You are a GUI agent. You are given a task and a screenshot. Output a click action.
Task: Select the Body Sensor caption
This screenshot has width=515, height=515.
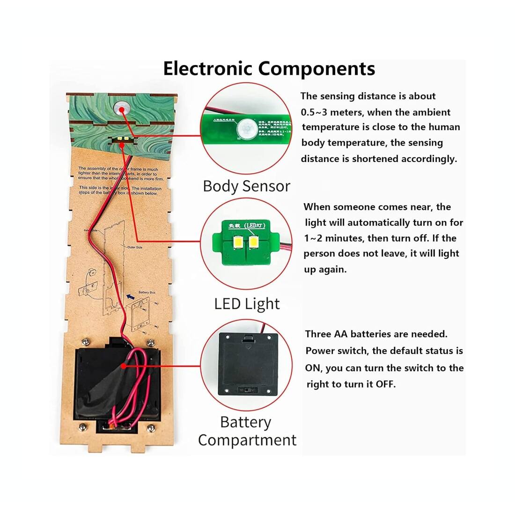(x=246, y=186)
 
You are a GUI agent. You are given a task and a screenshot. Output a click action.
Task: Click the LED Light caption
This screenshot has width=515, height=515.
(x=247, y=304)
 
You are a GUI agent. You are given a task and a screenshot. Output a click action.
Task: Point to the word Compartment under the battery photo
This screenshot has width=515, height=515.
(x=247, y=440)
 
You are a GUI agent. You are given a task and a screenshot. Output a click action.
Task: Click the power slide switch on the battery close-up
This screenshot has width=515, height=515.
(x=243, y=390)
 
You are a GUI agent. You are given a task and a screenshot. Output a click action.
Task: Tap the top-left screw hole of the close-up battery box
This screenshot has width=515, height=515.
(x=226, y=337)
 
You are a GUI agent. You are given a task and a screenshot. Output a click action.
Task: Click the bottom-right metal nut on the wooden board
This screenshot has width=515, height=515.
(x=151, y=428)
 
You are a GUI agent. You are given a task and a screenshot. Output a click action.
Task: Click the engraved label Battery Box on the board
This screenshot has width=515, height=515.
(x=143, y=293)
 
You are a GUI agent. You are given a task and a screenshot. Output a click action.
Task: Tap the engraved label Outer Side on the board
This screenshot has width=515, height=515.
(x=134, y=247)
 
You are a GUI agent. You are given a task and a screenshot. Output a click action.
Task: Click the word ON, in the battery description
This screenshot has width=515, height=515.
(x=314, y=368)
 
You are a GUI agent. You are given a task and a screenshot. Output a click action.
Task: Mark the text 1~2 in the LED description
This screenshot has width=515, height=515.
(x=313, y=238)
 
